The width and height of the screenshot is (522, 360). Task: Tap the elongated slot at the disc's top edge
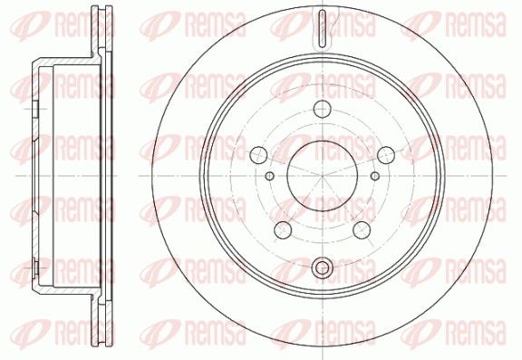click(323, 29)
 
